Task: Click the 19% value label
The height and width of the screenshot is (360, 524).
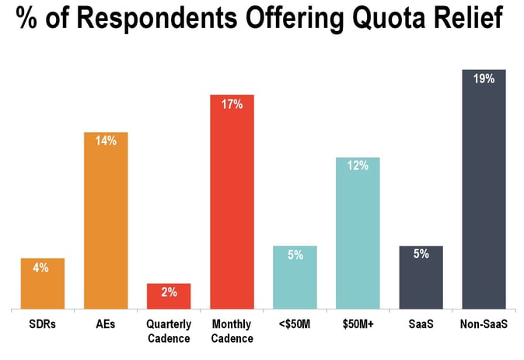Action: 484,78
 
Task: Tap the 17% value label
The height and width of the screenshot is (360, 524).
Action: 232,103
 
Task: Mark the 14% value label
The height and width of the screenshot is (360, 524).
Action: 106,141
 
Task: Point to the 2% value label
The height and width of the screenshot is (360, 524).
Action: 169,292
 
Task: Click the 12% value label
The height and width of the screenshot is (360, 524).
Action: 358,166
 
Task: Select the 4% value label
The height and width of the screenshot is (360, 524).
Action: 42,267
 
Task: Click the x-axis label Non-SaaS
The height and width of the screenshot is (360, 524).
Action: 484,324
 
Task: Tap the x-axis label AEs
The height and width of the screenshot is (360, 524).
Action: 106,324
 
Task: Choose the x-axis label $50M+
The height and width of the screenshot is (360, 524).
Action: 358,324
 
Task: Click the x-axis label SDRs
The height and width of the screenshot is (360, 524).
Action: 42,324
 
